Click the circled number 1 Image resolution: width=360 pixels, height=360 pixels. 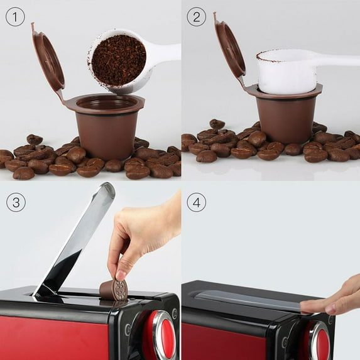pos(15,16)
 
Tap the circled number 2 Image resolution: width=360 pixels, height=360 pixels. pos(197,16)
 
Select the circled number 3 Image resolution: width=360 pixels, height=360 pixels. pos(15,202)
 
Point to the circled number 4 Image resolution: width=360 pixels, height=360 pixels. pos(197,202)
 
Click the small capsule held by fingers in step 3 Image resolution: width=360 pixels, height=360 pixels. pos(114,290)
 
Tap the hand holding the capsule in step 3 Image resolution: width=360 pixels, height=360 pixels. pos(141,236)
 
